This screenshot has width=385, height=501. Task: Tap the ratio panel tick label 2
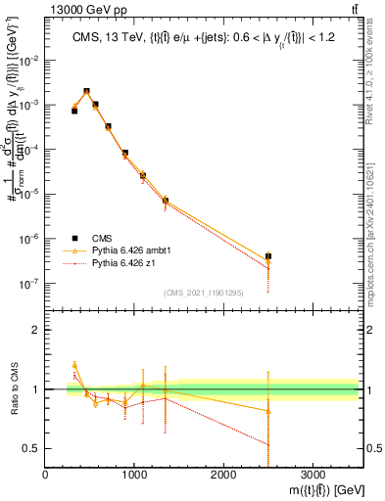point(35,330)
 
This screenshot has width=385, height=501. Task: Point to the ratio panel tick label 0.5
point(31,448)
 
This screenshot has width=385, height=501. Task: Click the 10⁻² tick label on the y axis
point(29,60)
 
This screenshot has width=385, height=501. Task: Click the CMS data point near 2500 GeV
point(268,256)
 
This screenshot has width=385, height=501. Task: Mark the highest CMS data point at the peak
point(86,92)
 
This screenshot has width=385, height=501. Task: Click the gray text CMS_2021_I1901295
point(202,293)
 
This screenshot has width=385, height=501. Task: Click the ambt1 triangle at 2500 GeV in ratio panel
point(268,411)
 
